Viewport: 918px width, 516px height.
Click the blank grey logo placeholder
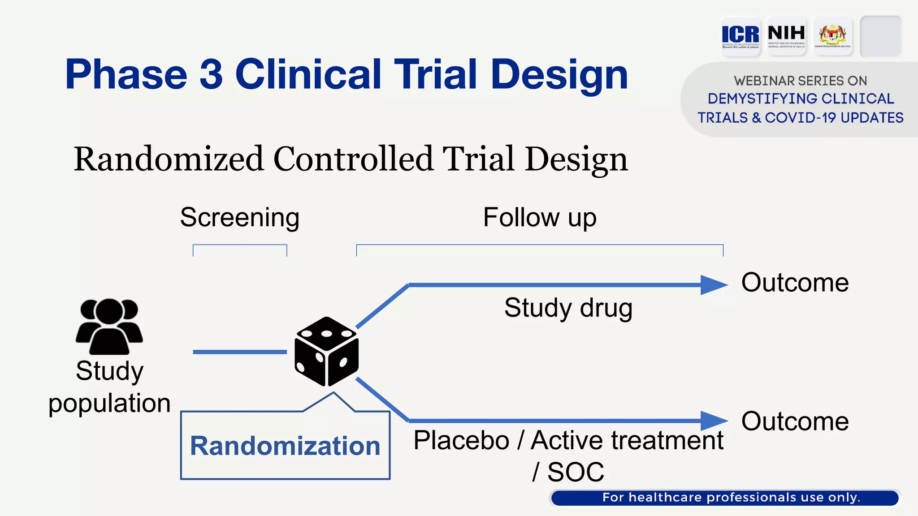[x=880, y=36]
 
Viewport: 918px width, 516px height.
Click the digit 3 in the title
[x=211, y=74]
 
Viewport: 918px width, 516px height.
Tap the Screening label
[x=240, y=218]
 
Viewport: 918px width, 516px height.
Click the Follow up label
[x=540, y=218]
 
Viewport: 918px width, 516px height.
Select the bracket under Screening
[x=240, y=245]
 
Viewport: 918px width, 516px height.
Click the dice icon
[x=326, y=351]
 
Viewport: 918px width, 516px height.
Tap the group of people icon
[x=109, y=326]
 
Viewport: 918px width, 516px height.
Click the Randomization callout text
[x=285, y=446]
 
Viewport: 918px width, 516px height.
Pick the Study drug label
[x=568, y=308]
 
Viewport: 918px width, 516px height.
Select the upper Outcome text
[x=795, y=283]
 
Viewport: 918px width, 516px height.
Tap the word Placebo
[x=461, y=440]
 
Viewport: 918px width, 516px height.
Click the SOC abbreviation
[x=576, y=472]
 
